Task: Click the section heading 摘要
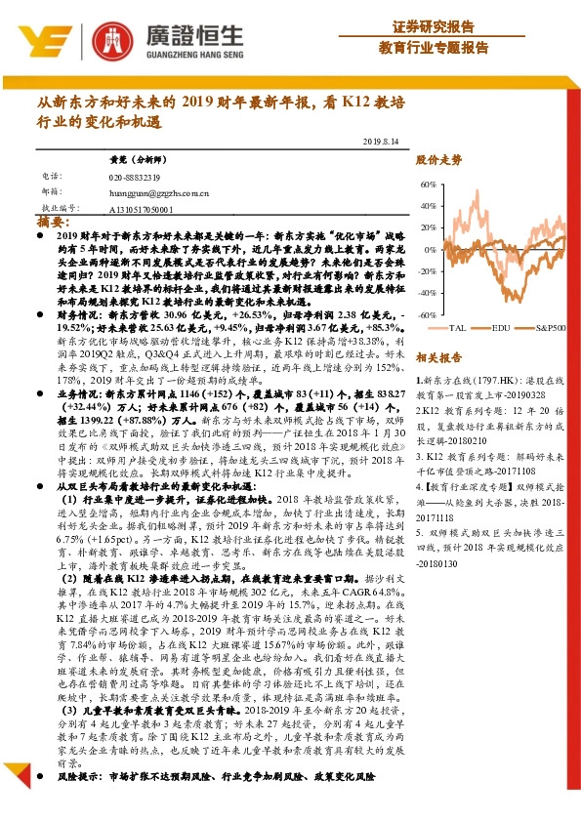pos(50,223)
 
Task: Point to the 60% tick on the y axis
pos(428,184)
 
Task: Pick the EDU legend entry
pos(501,329)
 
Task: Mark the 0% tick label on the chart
pos(431,250)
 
